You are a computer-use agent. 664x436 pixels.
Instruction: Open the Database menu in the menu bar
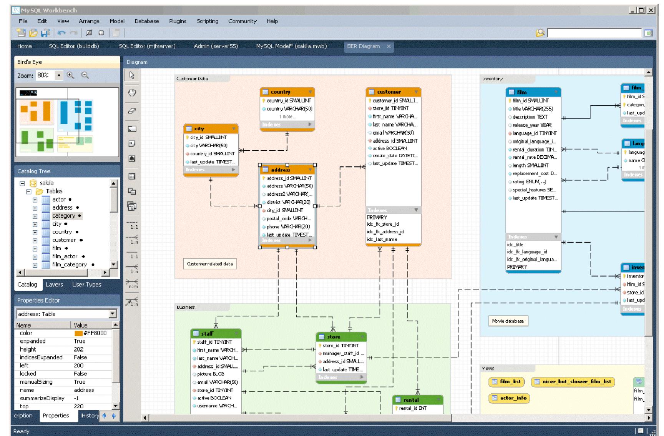click(146, 21)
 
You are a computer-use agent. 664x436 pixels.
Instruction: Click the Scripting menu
click(207, 21)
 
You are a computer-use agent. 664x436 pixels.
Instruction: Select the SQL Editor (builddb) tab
click(74, 46)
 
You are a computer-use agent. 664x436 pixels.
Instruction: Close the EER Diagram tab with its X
click(388, 46)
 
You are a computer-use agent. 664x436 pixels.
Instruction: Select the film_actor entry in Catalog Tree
click(65, 256)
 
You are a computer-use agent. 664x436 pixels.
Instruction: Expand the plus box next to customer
click(35, 240)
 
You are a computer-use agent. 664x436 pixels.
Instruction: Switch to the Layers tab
click(54, 285)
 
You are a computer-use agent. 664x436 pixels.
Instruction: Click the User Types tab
click(87, 285)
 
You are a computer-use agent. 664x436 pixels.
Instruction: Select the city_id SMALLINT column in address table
click(285, 210)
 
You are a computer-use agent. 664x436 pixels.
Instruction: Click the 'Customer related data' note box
click(210, 264)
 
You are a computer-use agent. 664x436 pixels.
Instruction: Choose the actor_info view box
click(509, 398)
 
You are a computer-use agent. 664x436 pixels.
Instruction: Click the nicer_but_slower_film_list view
click(573, 382)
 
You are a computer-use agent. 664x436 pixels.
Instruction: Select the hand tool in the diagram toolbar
click(132, 93)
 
